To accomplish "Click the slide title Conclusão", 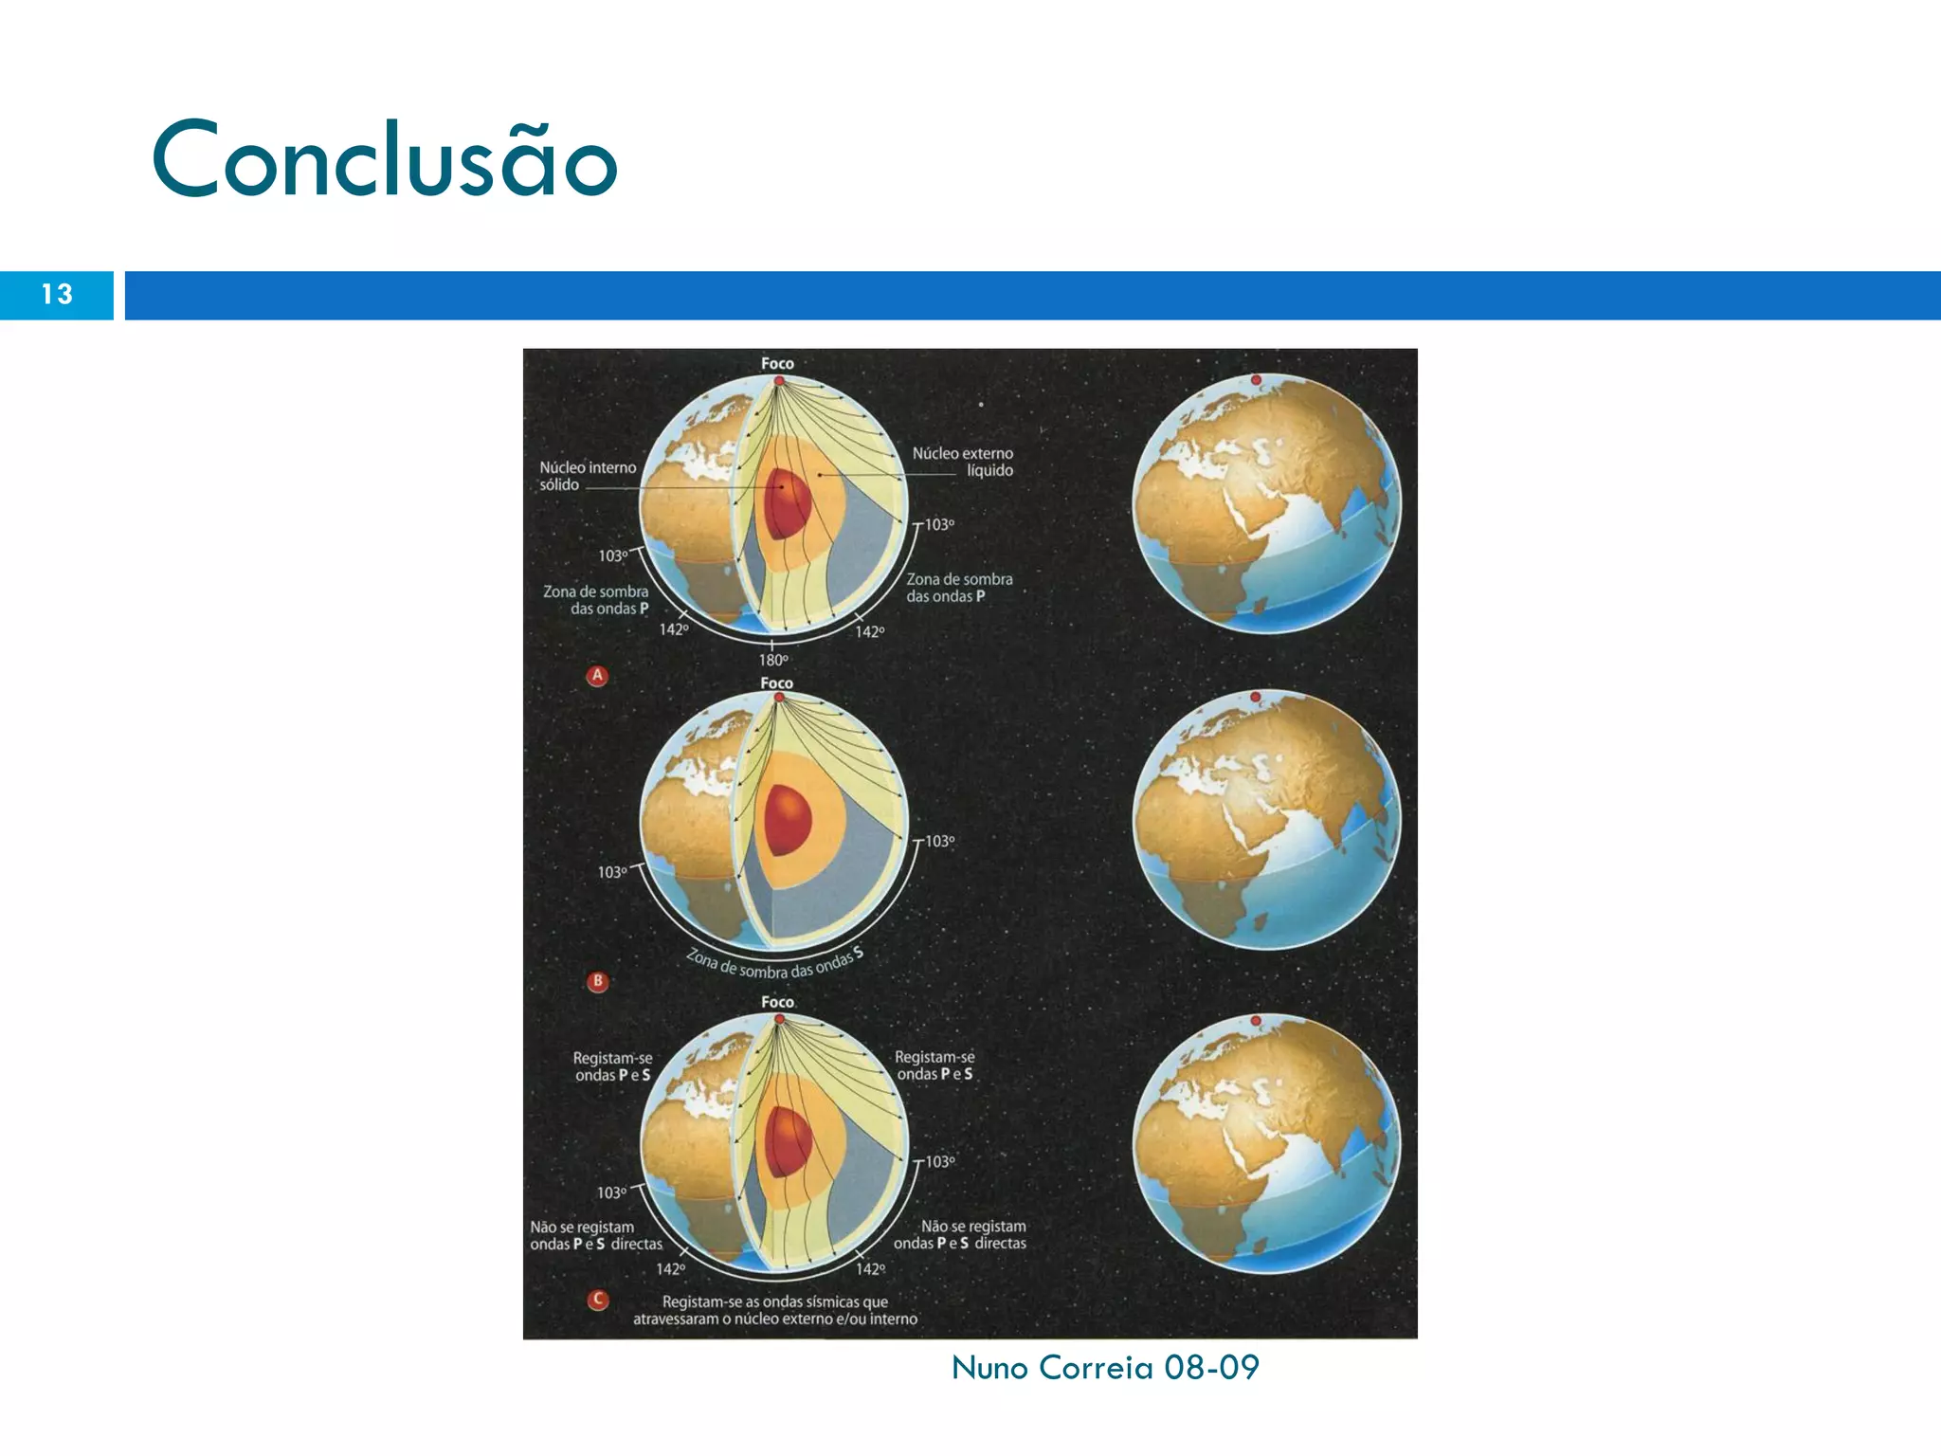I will point(384,159).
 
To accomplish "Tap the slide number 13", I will point(57,295).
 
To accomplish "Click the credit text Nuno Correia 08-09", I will point(1105,1367).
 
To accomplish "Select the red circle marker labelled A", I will point(597,676).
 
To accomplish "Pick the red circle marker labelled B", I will point(597,981).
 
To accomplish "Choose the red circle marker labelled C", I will point(598,1300).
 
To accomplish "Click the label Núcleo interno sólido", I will point(587,476).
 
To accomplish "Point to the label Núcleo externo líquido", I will point(963,462).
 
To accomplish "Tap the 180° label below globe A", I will point(773,660).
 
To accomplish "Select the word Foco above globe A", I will point(777,364).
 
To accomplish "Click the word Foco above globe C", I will point(777,1002).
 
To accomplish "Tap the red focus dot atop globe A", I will point(779,381).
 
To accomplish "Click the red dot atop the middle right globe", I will point(1256,697).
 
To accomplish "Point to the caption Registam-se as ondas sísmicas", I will point(775,1310).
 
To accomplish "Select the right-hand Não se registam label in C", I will point(960,1235).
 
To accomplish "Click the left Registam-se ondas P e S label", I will point(613,1066).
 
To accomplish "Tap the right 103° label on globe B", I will point(939,841).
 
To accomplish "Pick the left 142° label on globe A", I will point(673,629).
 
